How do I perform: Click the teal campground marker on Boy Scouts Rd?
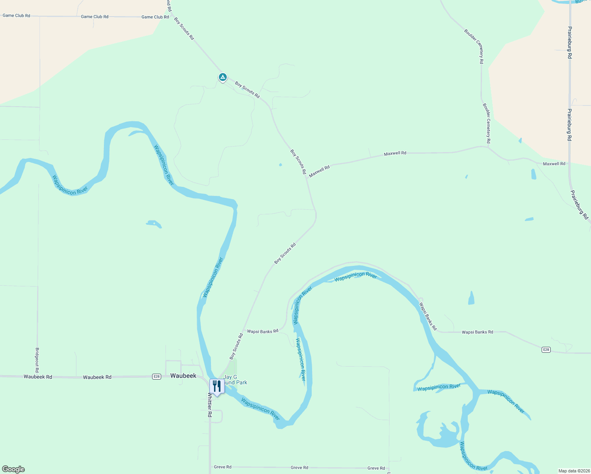(223, 77)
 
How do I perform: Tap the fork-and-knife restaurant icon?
(217, 386)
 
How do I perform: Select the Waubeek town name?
(183, 376)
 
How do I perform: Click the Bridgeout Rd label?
(37, 360)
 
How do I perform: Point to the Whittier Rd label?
(210, 405)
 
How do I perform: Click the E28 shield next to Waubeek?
(156, 376)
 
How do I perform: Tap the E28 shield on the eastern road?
(546, 350)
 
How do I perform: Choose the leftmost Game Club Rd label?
(16, 16)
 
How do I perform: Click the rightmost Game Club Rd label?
(155, 17)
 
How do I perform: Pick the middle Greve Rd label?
(299, 468)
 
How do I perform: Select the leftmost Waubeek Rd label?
(38, 377)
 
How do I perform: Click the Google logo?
(13, 469)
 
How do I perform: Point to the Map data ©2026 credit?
(574, 471)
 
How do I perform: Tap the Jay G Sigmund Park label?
(235, 380)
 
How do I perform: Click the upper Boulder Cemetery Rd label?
(474, 46)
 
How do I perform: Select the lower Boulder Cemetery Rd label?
(487, 123)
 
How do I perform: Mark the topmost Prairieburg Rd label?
(570, 43)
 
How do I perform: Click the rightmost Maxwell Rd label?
(554, 164)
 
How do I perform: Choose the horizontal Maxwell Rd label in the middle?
(395, 153)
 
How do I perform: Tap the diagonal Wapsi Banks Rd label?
(428, 316)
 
